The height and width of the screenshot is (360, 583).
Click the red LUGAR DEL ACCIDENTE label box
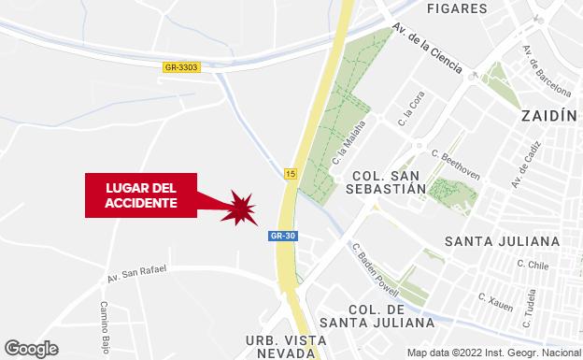click(x=141, y=194)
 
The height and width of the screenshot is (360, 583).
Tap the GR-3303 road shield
click(x=180, y=66)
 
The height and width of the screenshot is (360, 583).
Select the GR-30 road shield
click(x=282, y=236)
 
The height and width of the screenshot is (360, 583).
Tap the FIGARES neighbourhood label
click(x=457, y=8)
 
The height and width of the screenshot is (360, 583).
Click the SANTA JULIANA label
click(x=503, y=241)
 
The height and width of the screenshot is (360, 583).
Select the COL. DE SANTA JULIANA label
click(x=391, y=316)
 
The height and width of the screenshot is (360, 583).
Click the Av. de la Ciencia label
click(x=429, y=49)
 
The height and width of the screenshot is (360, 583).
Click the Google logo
click(x=30, y=348)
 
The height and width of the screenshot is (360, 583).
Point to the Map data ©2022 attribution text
click(x=493, y=353)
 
